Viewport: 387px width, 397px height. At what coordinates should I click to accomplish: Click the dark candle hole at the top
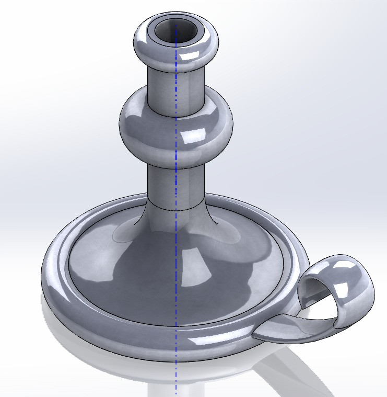[x=170, y=31]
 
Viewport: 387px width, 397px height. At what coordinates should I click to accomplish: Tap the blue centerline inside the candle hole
[x=176, y=31]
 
